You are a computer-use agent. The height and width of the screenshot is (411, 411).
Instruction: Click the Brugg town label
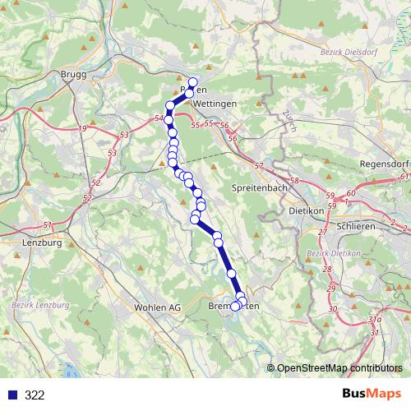tap(73, 74)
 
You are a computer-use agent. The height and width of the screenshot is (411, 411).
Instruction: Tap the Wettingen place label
tap(215, 104)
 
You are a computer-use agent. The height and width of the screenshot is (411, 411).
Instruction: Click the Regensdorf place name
tap(383, 165)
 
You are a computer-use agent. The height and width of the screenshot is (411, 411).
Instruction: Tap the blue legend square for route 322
tap(12, 395)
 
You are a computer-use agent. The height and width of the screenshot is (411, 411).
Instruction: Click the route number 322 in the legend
tap(35, 395)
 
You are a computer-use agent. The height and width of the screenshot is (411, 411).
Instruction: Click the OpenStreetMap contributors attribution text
tap(339, 367)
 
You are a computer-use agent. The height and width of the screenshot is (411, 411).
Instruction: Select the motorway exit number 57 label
tap(259, 166)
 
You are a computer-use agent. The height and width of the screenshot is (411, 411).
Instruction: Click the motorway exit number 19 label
tap(82, 129)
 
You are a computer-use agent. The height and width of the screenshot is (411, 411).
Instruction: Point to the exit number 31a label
tap(375, 319)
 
